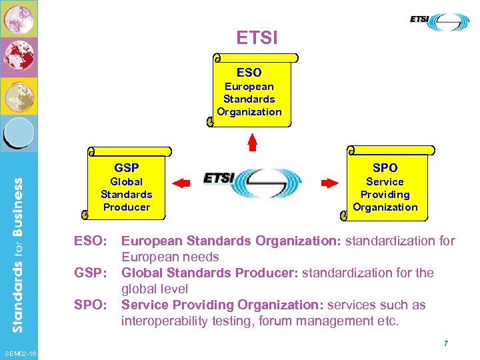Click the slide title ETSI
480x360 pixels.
tap(257, 37)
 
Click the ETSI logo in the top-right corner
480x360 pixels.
tap(439, 21)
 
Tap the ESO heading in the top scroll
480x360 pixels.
tap(249, 72)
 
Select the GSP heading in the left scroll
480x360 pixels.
tap(127, 167)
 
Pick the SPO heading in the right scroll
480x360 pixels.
tap(385, 167)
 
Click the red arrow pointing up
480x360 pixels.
tap(252, 141)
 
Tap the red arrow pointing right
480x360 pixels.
tap(329, 181)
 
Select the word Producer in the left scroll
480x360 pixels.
tap(127, 207)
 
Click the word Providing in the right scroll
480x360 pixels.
tap(385, 194)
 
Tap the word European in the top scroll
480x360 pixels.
tap(249, 86)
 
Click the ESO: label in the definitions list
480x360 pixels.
tap(90, 241)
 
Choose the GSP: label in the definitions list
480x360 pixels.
tap(90, 273)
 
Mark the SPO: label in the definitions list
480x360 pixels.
tap(90, 305)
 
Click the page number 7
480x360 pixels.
tap(445, 343)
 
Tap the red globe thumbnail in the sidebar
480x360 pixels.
tap(17, 57)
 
